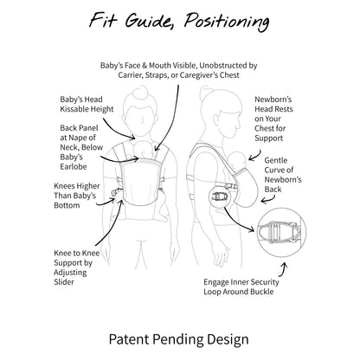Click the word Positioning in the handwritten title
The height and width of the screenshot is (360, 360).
[227, 21]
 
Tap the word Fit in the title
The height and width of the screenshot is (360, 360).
[103, 20]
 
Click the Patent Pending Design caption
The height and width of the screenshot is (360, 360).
[178, 339]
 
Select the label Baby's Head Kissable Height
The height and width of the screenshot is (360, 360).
[87, 104]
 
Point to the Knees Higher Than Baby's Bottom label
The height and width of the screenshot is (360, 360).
[77, 196]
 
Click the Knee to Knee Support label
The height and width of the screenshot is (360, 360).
[77, 267]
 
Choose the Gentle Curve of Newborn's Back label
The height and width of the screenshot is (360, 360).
[283, 175]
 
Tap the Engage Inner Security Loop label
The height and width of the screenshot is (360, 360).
[241, 286]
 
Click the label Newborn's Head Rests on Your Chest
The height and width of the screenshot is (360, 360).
[273, 119]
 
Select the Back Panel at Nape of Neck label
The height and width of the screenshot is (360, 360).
[81, 147]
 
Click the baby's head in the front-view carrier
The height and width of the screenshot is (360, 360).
[144, 150]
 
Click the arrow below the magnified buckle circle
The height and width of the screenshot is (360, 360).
[284, 269]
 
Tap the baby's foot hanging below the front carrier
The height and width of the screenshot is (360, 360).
[163, 218]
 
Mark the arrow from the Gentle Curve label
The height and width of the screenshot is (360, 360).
[269, 200]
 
